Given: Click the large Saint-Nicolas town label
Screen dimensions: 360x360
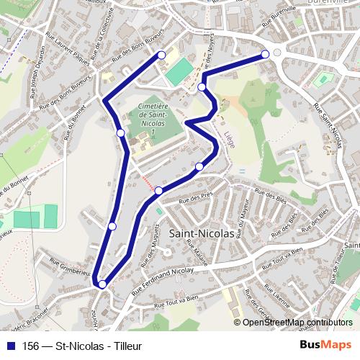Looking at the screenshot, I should pos(201,233).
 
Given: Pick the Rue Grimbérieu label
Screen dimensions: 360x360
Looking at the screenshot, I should pos(71,271).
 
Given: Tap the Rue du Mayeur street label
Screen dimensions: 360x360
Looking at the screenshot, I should pos(242,216).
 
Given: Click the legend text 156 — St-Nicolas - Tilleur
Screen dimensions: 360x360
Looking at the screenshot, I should pos(82,346).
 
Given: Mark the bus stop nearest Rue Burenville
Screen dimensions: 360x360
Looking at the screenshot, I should pos(266,54).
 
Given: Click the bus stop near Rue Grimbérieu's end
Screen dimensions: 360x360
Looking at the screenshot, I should pos(102,284).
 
